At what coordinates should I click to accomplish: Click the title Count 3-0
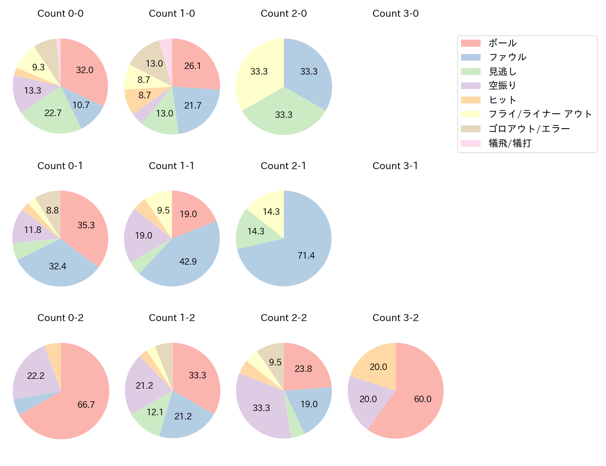[395, 14]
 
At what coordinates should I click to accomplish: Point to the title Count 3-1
[395, 166]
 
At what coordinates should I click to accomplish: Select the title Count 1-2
[172, 318]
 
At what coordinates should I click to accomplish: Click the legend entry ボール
[503, 43]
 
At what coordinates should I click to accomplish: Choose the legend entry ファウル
[507, 57]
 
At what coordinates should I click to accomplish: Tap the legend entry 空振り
[502, 86]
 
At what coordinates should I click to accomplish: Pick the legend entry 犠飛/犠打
[510, 143]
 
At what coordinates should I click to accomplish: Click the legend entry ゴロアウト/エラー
[529, 129]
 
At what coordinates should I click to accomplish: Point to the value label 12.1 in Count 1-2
[155, 412]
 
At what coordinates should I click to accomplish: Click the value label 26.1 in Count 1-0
[193, 66]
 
